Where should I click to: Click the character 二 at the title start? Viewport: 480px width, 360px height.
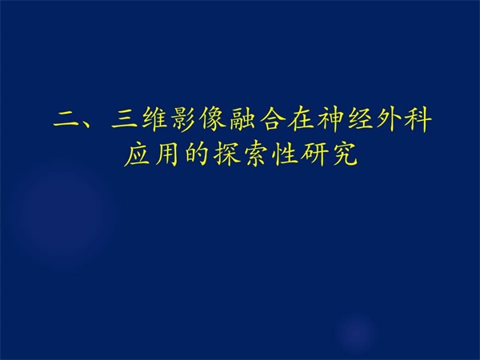[66, 118]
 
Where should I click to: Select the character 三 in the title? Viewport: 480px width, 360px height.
[125, 118]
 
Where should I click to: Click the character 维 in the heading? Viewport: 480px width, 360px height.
[154, 118]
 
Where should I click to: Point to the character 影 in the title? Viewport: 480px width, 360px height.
[183, 118]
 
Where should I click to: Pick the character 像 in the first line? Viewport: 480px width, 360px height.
[213, 118]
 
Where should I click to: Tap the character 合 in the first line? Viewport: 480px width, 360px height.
[273, 118]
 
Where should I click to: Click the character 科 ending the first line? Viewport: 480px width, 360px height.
[418, 118]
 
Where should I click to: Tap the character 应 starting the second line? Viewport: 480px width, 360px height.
[138, 154]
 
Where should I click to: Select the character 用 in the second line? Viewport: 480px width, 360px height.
[168, 154]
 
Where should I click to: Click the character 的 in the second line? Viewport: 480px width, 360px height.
[197, 154]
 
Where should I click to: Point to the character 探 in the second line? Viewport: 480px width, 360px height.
[226, 154]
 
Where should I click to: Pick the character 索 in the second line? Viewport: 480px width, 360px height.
[256, 154]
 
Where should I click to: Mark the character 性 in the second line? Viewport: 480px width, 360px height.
[286, 154]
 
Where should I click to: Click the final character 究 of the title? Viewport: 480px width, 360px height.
[344, 154]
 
